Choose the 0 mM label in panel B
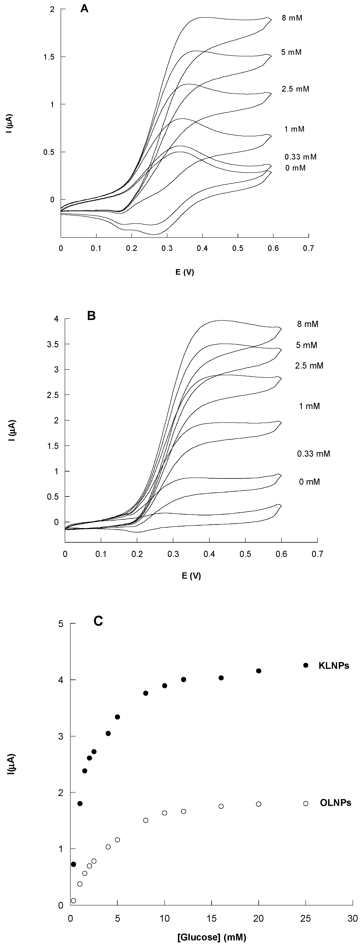coord(309,482)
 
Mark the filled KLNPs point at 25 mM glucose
coord(305,665)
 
